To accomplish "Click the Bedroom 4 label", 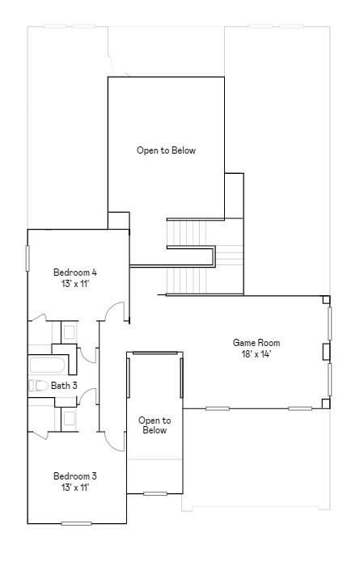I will tap(75, 272).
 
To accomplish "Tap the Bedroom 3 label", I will tap(75, 475).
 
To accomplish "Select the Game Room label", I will tap(256, 343).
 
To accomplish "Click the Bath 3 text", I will tap(64, 386).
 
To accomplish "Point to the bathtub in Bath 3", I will tap(45, 365).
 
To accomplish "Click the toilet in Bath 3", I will tap(38, 386).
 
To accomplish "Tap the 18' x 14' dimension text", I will tap(256, 354).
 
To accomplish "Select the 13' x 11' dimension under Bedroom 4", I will tap(75, 284).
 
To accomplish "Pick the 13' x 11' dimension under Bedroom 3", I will tap(75, 488).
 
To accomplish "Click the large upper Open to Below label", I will tap(166, 150).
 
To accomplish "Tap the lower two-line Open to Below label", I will tap(155, 425).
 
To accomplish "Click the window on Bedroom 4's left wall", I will tap(28, 257).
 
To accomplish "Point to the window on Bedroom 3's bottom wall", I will tap(77, 523).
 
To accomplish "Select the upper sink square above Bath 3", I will tap(69, 332).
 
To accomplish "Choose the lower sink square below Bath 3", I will tap(69, 418).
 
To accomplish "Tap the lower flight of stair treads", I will tap(189, 281).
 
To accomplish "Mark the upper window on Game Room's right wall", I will tap(329, 323).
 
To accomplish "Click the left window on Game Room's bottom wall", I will tap(217, 408).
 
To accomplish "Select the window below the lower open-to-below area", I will tap(155, 493).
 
